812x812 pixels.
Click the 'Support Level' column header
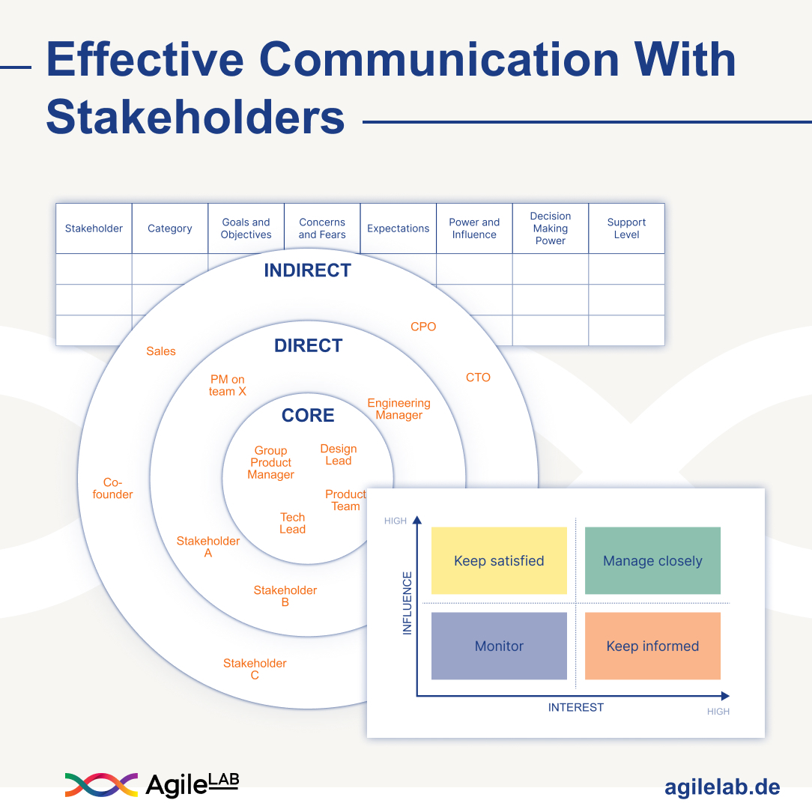[626, 228]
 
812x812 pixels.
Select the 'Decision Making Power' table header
[550, 228]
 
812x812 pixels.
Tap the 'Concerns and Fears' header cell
[321, 228]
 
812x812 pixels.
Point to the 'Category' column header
[170, 228]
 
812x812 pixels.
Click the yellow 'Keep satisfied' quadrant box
[499, 560]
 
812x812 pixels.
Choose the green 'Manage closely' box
[652, 560]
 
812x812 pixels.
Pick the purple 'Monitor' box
[499, 646]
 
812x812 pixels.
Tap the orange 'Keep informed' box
[652, 646]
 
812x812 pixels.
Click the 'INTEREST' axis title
[576, 707]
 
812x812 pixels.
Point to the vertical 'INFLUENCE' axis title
[407, 603]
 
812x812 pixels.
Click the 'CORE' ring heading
[308, 415]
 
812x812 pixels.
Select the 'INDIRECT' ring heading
[308, 270]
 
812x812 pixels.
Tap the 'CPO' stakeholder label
[423, 327]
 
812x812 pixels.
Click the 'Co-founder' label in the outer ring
[112, 488]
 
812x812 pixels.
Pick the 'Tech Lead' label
[293, 523]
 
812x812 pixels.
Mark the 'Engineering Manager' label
[399, 409]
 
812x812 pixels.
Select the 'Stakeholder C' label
[255, 669]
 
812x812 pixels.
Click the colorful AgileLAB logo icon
[102, 785]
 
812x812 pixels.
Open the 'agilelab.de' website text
[722, 787]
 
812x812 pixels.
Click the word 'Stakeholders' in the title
[196, 117]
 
